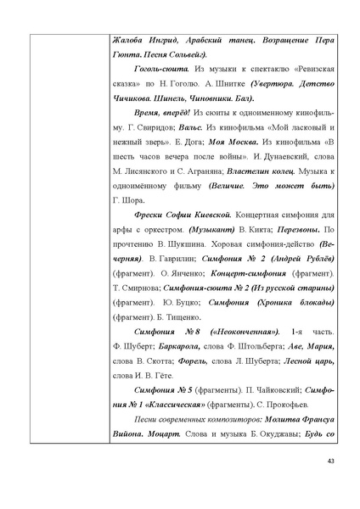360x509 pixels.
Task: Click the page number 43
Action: click(x=331, y=484)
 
